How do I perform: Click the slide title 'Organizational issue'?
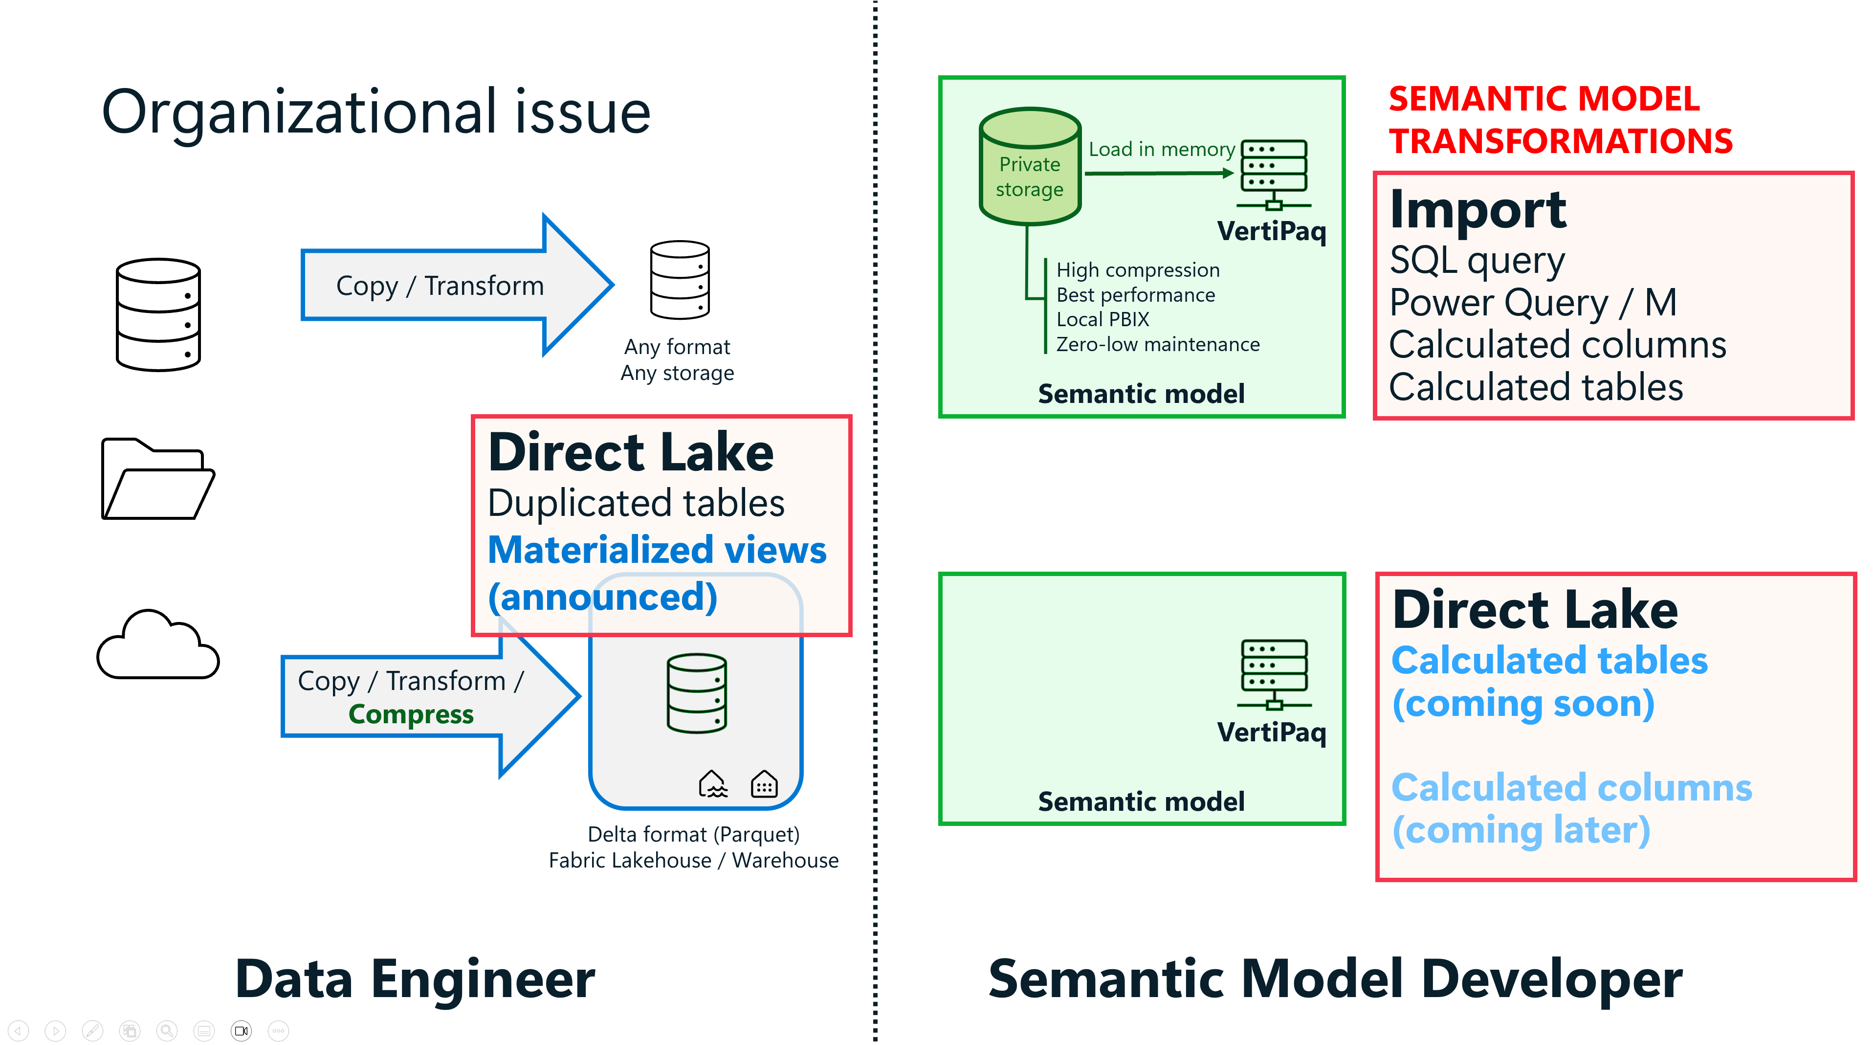(x=375, y=113)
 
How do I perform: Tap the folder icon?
(x=158, y=479)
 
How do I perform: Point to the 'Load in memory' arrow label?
(x=1162, y=149)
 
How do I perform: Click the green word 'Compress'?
(x=411, y=714)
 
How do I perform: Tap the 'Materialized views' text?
(x=657, y=550)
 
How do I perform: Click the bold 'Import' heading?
(x=1477, y=210)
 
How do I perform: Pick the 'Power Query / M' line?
(x=1533, y=303)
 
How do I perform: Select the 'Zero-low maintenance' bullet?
(x=1157, y=344)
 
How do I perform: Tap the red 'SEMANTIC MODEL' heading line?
(x=1543, y=99)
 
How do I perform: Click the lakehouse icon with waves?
(x=713, y=784)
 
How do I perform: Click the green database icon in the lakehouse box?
(x=697, y=693)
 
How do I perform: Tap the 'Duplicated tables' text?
(x=636, y=504)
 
